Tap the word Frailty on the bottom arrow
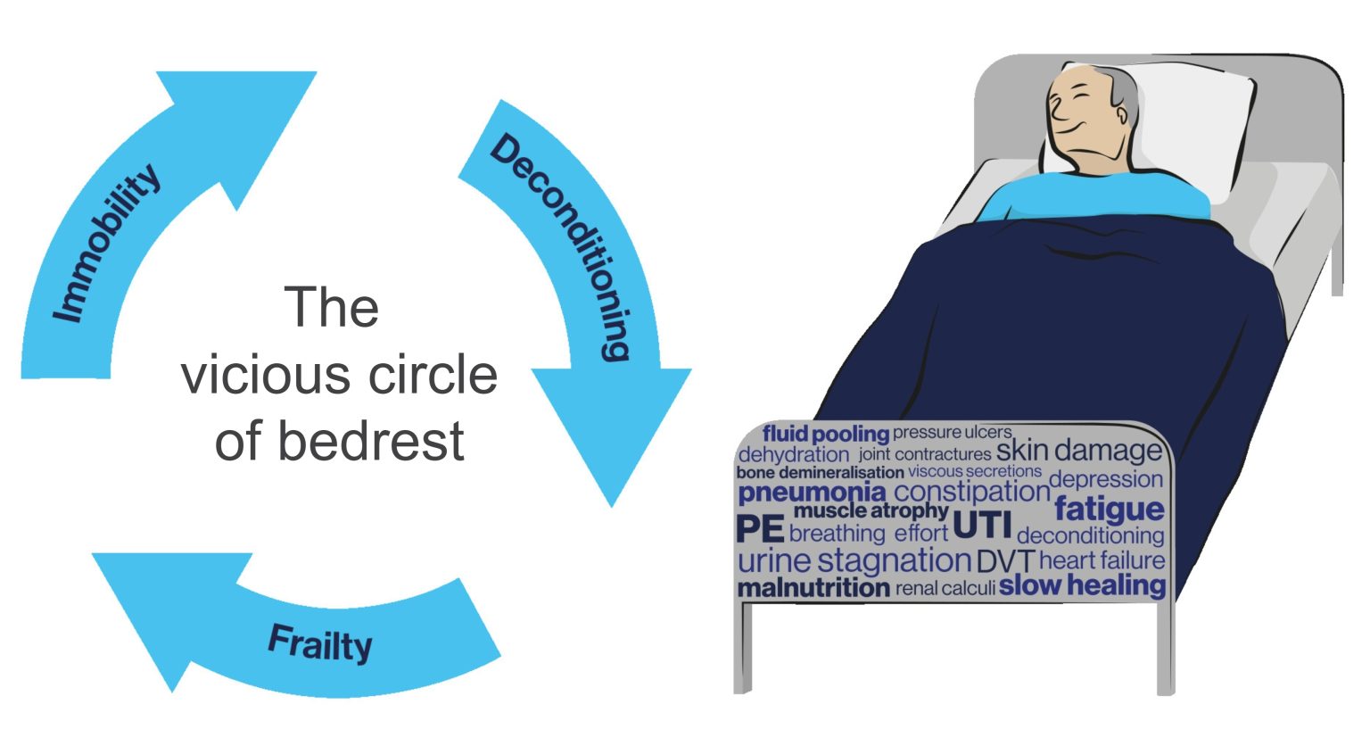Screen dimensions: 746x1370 pos(320,642)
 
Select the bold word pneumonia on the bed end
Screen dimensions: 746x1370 pos(812,493)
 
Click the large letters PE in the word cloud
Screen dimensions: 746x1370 pos(760,530)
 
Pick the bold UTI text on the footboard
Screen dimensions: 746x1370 pos(982,525)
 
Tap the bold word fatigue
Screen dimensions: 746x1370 pos(1109,510)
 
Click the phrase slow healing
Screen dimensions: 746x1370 pos(1082,585)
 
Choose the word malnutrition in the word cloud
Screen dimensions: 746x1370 pos(813,588)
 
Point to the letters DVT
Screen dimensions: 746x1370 pos(1005,562)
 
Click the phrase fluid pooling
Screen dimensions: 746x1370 pos(826,434)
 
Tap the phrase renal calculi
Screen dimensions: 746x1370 pos(945,589)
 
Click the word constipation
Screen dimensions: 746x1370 pos(971,491)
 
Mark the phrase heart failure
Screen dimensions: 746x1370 pos(1102,560)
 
